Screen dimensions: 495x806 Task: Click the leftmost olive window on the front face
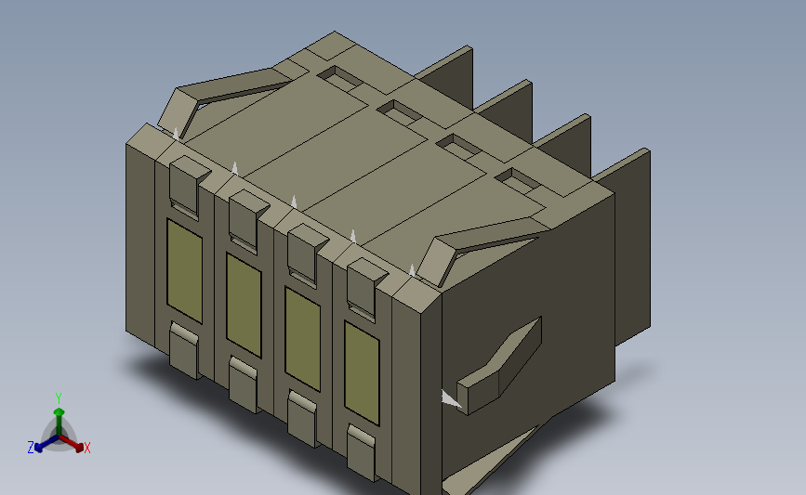[183, 267]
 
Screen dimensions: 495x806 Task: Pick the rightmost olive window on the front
[362, 371]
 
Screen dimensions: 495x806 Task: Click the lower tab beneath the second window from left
[244, 385]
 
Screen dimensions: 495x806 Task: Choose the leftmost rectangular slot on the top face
[341, 78]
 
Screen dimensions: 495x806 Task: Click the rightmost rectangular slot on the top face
[518, 180]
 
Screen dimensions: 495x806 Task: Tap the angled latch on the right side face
[502, 367]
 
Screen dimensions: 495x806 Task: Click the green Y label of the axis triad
[59, 397]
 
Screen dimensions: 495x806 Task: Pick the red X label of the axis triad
[87, 448]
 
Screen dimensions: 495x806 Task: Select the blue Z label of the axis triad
[30, 447]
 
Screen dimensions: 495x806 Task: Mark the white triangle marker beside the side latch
[451, 398]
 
